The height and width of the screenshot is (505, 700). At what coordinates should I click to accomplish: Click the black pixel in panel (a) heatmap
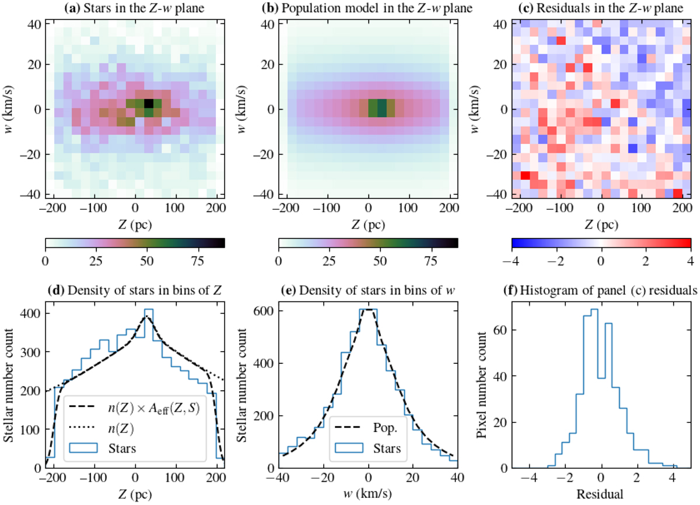tap(148, 103)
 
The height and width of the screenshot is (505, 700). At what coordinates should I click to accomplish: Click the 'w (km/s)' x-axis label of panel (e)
tap(368, 494)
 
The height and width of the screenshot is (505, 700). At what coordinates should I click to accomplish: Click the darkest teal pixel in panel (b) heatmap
tap(381, 108)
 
